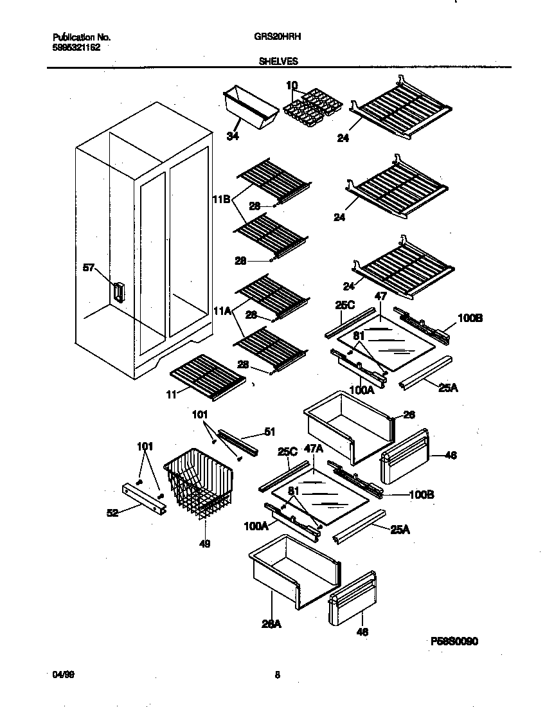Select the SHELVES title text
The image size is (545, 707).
click(278, 61)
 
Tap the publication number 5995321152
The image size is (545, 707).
click(76, 47)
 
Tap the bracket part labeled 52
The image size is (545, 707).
click(143, 498)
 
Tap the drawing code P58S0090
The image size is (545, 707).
click(454, 641)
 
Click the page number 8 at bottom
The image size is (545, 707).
click(277, 675)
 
